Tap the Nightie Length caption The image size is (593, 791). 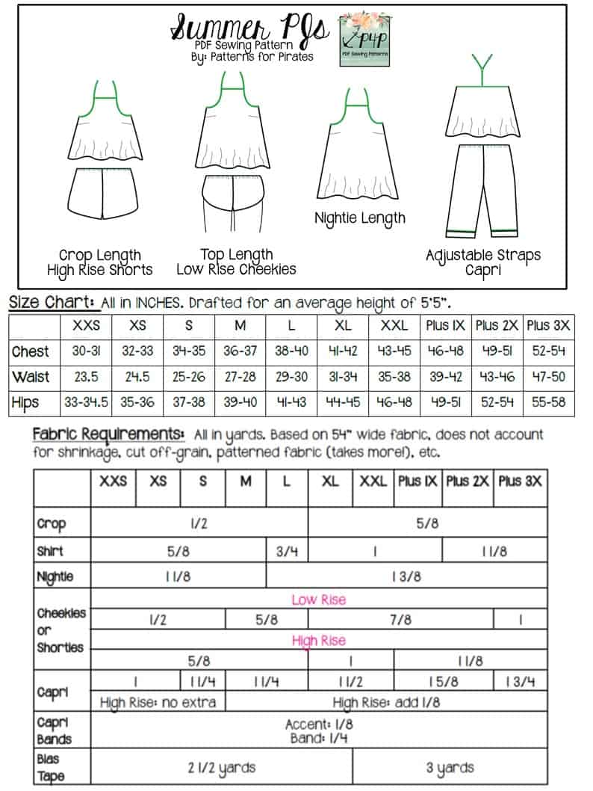pyautogui.click(x=360, y=218)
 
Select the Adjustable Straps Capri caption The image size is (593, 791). pyautogui.click(x=483, y=262)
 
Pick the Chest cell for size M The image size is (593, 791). pyautogui.click(x=240, y=351)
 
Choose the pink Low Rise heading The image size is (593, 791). pyautogui.click(x=319, y=600)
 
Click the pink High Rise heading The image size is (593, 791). pyautogui.click(x=319, y=641)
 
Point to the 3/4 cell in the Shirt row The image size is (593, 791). pyautogui.click(x=287, y=552)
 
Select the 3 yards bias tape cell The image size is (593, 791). pyautogui.click(x=449, y=768)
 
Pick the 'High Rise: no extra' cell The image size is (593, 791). pyautogui.click(x=158, y=702)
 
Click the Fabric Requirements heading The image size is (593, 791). pyautogui.click(x=108, y=434)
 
